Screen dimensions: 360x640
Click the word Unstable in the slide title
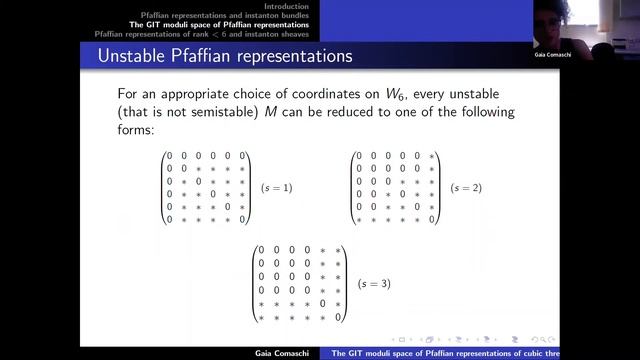point(133,56)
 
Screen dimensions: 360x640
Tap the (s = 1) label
point(277,188)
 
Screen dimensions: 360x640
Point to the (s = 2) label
point(466,188)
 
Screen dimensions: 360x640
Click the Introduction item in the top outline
point(281,7)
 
